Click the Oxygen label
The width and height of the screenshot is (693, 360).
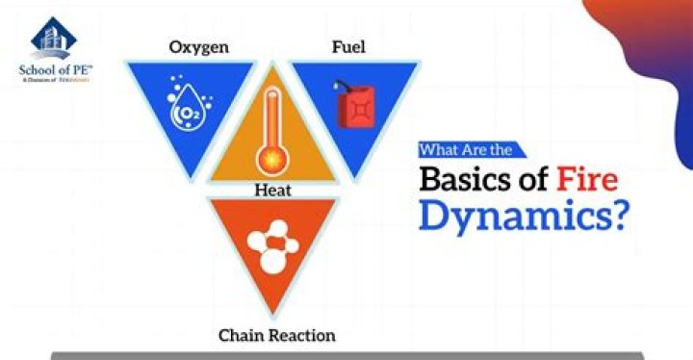coord(199,47)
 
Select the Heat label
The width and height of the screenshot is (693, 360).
coord(272,191)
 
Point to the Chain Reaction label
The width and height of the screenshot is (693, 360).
coord(277,336)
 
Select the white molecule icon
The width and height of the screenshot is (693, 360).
coord(272,246)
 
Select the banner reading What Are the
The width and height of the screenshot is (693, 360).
coord(471,149)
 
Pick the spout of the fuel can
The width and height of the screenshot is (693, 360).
coord(339,88)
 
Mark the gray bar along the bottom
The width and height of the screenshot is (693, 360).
coord(346,355)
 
